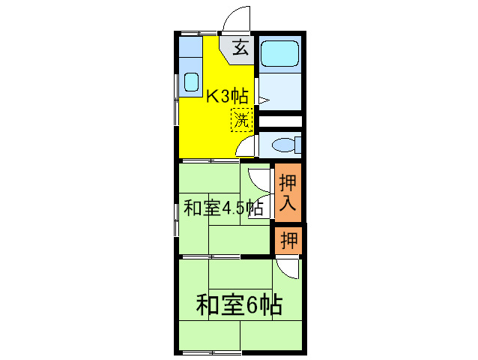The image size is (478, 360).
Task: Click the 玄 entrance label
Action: point(240,48)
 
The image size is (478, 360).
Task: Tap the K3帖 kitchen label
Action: point(227,95)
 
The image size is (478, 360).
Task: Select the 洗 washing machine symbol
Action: point(241,119)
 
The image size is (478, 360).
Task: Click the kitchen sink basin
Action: point(191,82)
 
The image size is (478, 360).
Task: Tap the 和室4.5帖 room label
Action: point(223,207)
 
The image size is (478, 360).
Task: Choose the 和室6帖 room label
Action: point(239,304)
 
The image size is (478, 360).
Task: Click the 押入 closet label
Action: point(288,192)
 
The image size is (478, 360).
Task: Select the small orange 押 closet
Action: point(288,241)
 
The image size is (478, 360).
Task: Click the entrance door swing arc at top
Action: point(237,19)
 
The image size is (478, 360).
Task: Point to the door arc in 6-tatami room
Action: point(286,268)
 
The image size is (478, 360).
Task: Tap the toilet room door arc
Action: point(248,145)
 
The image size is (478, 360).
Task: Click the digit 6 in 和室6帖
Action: point(252,304)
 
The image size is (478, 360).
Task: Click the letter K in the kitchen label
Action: point(212,95)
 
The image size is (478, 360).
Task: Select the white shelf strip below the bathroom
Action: point(280,121)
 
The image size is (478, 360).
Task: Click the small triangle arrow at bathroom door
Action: point(263,98)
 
